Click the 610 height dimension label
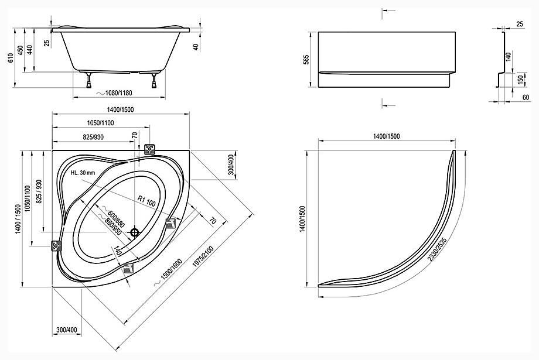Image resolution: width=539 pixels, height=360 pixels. pos(11,57)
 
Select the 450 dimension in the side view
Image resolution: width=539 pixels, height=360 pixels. pos(21,50)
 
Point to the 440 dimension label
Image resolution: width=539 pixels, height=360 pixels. pos(30,50)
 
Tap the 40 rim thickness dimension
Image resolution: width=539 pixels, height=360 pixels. pos(196,47)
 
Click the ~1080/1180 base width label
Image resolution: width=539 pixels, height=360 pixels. pos(114,92)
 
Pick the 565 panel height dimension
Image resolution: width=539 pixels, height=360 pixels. pos(306,60)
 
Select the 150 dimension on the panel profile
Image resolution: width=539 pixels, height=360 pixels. pos(520,80)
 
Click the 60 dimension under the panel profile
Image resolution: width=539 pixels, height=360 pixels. pos(526,98)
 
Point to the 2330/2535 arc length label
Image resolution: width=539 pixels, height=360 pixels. pos(437,248)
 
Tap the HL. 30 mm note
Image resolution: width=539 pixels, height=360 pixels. pos(83,173)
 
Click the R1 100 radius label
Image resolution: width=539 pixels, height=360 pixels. pos(146,201)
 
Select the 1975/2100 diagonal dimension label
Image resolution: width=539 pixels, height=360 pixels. pos(203,256)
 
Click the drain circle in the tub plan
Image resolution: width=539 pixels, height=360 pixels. pos(134,233)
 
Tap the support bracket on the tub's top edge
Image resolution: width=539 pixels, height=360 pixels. pos(150,149)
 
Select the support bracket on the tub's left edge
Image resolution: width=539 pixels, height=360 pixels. pos(56,246)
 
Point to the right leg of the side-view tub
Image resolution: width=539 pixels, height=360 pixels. pos(153,80)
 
